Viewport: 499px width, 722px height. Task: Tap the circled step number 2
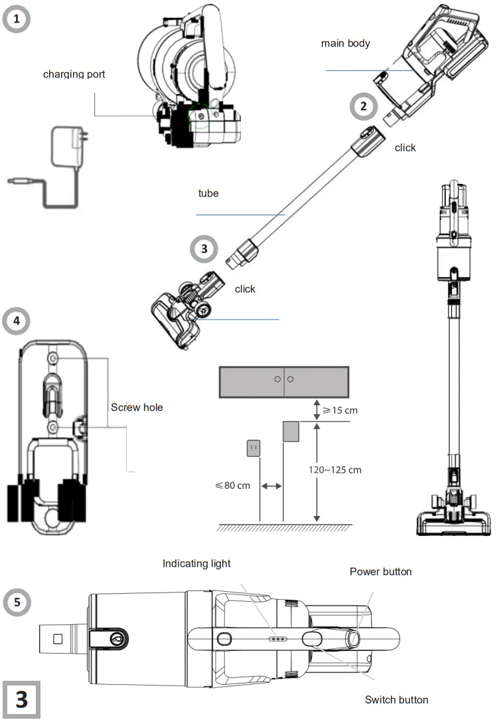363,106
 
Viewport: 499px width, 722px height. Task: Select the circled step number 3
204,249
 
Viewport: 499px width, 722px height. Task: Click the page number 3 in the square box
21,700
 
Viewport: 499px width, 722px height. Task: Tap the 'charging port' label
74,74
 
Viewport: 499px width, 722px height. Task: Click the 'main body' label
345,43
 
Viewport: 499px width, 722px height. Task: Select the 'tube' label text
208,193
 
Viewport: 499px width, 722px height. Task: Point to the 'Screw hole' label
137,407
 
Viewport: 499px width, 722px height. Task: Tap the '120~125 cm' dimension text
335,470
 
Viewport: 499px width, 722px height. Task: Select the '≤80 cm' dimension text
233,486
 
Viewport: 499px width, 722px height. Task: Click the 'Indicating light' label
196,563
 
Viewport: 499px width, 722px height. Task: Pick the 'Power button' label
380,571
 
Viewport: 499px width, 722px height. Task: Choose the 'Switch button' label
396,699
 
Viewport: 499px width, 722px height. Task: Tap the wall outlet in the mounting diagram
253,449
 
